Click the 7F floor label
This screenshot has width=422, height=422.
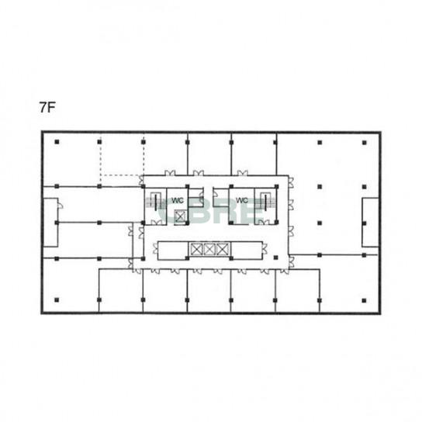coord(47,108)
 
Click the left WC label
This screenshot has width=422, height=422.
coord(178,200)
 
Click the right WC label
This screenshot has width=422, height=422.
coord(242,200)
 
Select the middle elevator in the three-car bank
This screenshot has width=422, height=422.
coord(209,249)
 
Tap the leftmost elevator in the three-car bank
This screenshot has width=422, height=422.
coord(196,249)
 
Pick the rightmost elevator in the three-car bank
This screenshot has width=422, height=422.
coord(223,249)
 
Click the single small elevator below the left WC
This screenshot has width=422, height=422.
coord(179,216)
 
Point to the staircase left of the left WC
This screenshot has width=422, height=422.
coord(156,202)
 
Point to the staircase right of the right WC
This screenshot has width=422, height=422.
coord(265,202)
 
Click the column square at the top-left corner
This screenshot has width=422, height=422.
coord(57,142)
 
